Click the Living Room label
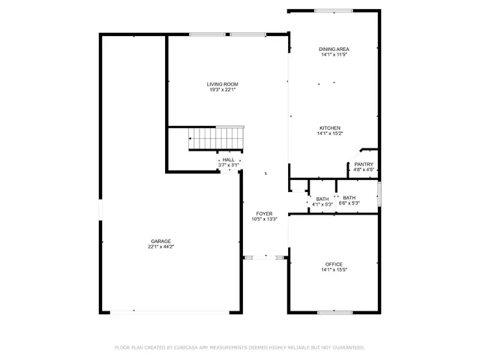click(222, 84)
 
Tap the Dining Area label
click(334, 49)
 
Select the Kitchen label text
click(330, 128)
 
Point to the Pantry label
click(364, 164)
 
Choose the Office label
click(334, 264)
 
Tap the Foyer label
click(263, 214)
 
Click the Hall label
click(228, 160)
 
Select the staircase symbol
click(214, 138)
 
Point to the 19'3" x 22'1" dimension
click(222, 90)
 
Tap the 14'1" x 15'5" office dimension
click(334, 270)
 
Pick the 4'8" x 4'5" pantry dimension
click(364, 170)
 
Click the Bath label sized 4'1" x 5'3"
click(322, 198)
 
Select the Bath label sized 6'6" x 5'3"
click(349, 198)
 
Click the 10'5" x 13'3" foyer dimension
click(263, 220)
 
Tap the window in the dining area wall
click(333, 10)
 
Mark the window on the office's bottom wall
click(334, 312)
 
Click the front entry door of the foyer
click(265, 257)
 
